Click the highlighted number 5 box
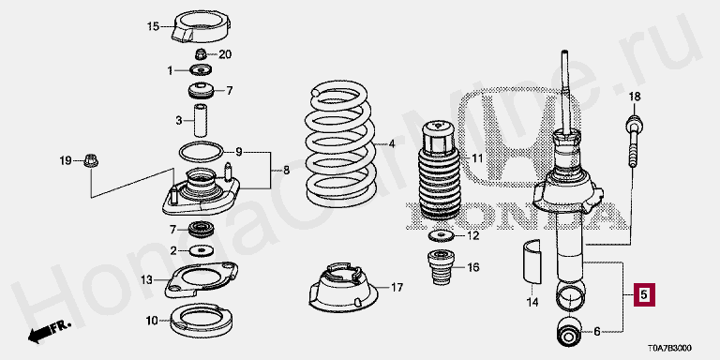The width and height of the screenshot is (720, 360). [645, 294]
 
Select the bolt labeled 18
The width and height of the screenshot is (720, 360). [634, 142]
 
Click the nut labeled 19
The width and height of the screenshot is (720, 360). [91, 161]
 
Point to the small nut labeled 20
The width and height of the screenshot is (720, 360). [201, 54]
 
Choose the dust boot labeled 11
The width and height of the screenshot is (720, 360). [439, 170]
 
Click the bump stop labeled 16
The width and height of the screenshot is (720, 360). [439, 267]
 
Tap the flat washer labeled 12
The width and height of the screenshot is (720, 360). [441, 236]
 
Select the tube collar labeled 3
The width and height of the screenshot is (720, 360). [201, 120]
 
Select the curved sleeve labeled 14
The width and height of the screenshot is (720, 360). [532, 260]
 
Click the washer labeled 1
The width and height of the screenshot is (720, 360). [201, 70]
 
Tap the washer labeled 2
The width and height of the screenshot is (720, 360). [202, 250]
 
